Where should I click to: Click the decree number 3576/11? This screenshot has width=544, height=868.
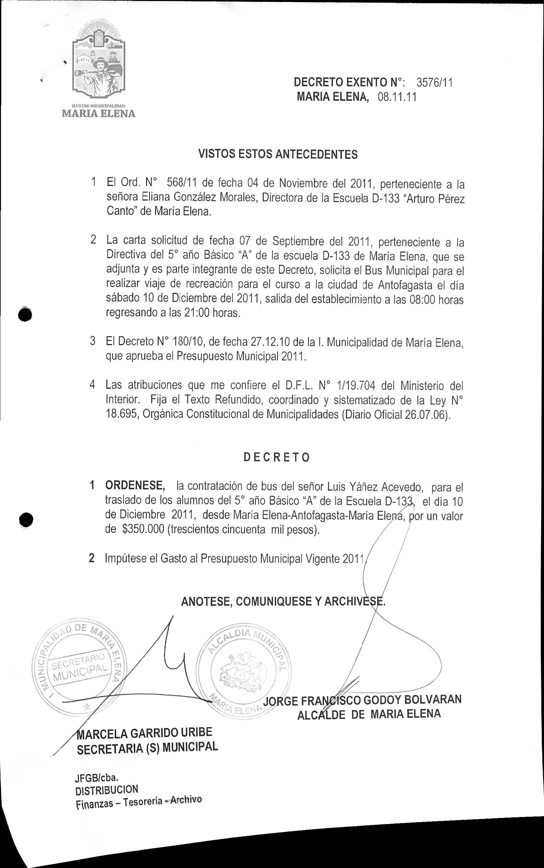(434, 83)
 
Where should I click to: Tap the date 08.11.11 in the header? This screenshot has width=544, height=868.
(397, 97)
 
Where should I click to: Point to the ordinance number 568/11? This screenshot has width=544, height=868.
(182, 183)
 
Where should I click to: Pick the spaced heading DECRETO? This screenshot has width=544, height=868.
(276, 457)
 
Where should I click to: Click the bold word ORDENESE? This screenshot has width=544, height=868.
(135, 485)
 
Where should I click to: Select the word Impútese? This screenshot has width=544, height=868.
(126, 558)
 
